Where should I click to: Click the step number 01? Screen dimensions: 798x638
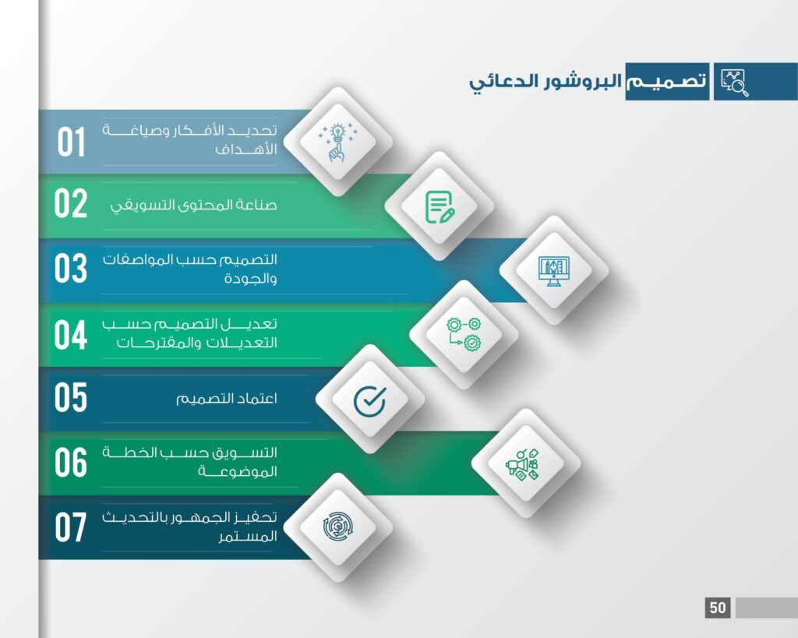(x=71, y=142)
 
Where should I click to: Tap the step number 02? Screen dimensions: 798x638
(x=71, y=203)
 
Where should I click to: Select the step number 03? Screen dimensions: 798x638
(x=71, y=268)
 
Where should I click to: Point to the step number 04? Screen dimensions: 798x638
(x=71, y=335)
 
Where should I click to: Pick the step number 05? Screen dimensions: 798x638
(x=71, y=397)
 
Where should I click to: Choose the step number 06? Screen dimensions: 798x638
(x=71, y=463)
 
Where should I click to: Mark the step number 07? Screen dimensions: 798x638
(x=71, y=527)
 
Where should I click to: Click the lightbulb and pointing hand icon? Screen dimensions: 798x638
(x=337, y=142)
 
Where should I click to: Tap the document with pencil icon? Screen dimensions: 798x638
(x=440, y=206)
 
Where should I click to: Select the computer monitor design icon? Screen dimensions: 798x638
(x=554, y=271)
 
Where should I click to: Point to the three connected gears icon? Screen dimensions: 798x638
(x=464, y=334)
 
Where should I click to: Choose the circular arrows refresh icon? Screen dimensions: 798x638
(x=338, y=527)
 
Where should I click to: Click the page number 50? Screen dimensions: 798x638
(x=718, y=608)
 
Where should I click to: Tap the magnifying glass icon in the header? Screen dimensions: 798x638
(x=735, y=83)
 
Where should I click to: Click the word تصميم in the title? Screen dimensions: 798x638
(x=666, y=81)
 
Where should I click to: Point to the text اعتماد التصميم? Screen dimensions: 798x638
(x=227, y=398)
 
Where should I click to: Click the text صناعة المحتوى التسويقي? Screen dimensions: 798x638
(x=193, y=205)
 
